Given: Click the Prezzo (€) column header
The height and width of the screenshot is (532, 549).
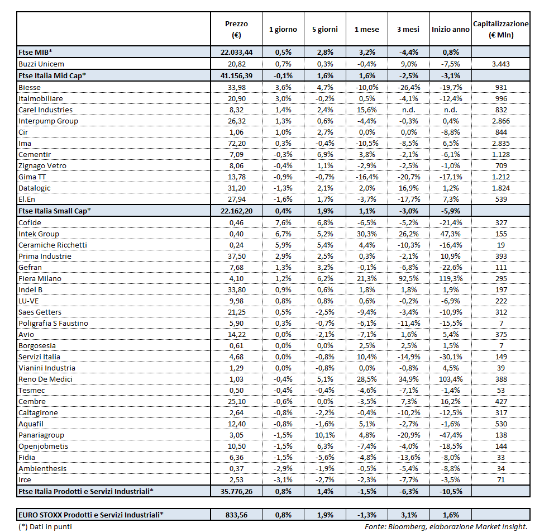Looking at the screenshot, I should (x=236, y=30).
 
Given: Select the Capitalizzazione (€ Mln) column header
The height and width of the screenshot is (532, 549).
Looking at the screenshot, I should (x=500, y=30).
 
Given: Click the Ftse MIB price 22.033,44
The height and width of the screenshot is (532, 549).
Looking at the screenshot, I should (x=236, y=52).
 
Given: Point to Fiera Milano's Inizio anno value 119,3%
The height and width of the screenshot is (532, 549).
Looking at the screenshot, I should (x=451, y=278).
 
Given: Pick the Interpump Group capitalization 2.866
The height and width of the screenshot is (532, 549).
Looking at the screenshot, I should (x=500, y=121).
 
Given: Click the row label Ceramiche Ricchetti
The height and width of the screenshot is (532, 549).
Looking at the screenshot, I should (x=52, y=245).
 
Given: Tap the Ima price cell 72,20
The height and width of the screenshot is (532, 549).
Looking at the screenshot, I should (x=236, y=143).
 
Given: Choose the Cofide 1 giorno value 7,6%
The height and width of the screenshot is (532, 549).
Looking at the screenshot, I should (x=283, y=222).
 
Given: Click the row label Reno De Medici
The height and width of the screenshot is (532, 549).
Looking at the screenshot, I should (x=45, y=379).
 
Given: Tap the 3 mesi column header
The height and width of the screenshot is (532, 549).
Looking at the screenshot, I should (x=408, y=29).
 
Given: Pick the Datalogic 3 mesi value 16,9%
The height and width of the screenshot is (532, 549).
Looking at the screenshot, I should (x=408, y=188).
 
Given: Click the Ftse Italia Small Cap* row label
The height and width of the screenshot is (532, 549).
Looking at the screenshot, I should (x=54, y=211).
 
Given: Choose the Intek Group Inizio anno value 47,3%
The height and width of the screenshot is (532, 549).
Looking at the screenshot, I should (x=451, y=234).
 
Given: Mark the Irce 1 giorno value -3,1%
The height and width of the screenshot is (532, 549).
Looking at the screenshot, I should (x=283, y=479).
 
